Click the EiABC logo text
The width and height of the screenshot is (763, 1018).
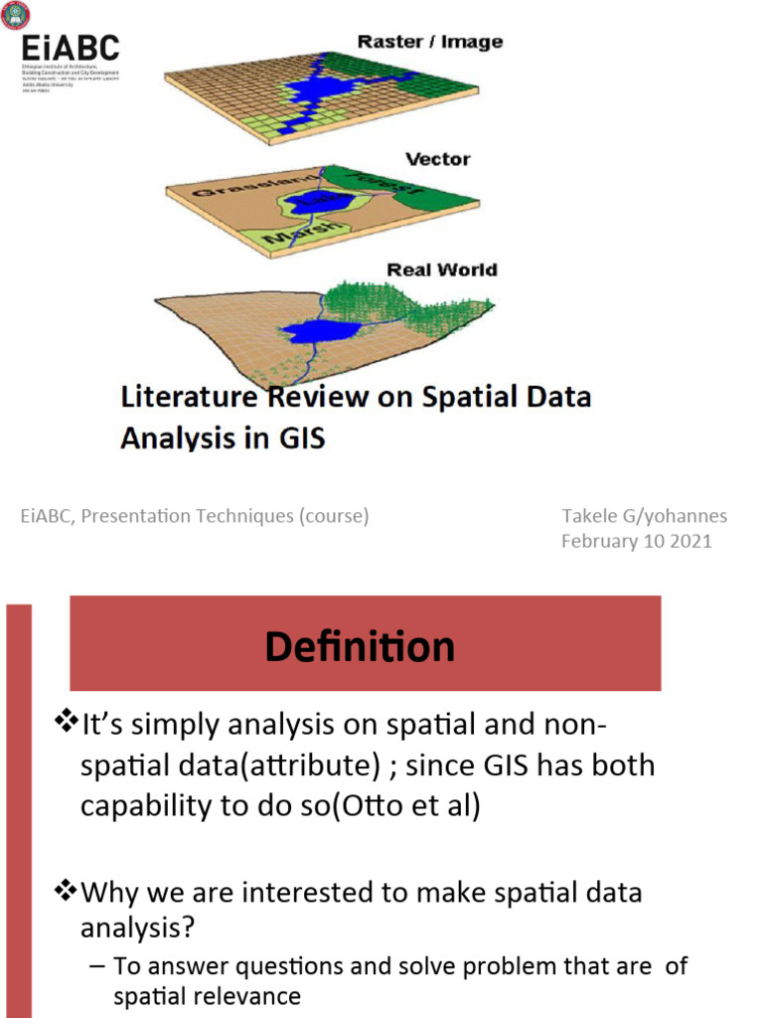point(70,47)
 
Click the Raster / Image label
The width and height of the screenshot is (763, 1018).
point(429,42)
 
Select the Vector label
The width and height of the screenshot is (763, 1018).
point(437,159)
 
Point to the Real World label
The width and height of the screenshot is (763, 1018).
point(441,269)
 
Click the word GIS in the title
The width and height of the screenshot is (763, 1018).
point(300,437)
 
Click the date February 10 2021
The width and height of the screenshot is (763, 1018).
point(636,542)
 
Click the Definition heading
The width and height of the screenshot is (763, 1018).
point(360,647)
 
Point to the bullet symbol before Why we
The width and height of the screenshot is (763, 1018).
point(64,892)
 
